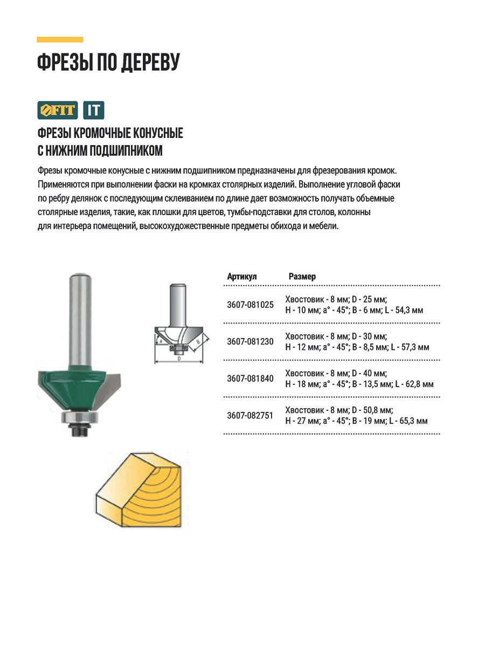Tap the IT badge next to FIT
click(x=94, y=110)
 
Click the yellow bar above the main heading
click(x=60, y=39)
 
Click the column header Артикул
click(x=242, y=277)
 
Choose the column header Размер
click(x=302, y=277)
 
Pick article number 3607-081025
click(x=250, y=305)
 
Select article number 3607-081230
click(x=250, y=342)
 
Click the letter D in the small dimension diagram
click(x=178, y=358)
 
